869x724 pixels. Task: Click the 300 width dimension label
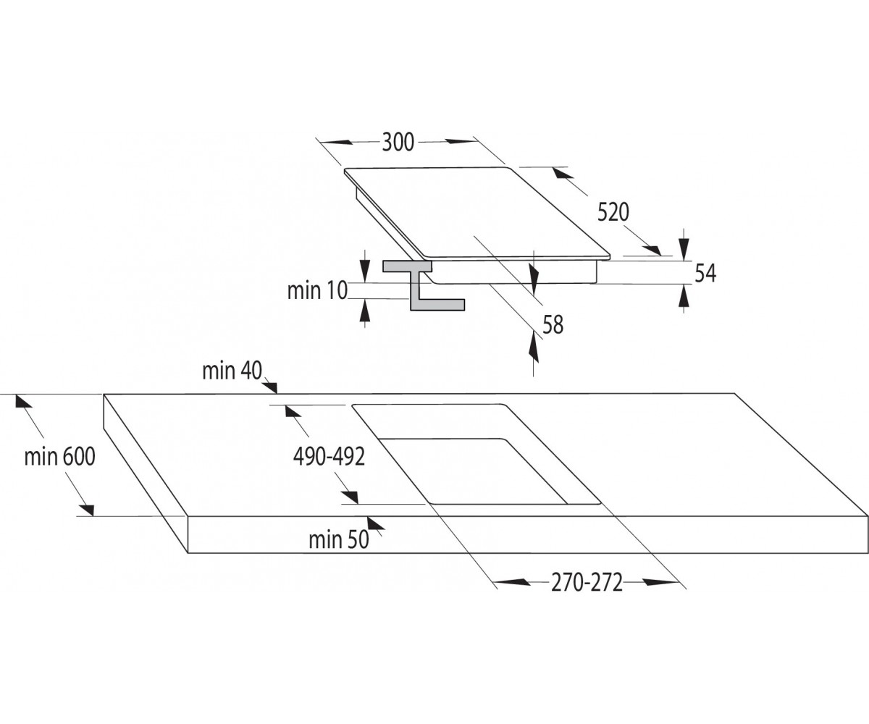(398, 142)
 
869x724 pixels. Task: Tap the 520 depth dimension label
(613, 212)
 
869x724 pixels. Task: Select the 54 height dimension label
(705, 274)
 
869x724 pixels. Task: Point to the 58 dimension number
(553, 324)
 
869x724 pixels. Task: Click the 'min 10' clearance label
(317, 290)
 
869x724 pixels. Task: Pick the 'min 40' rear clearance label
(232, 371)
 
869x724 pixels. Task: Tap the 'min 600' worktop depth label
(59, 456)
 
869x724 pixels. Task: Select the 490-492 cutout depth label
(329, 456)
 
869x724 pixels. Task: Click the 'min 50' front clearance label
(339, 540)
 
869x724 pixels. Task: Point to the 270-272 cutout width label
(587, 583)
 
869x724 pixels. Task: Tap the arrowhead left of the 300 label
(336, 142)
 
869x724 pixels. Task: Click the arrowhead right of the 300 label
(461, 142)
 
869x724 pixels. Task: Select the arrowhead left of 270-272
(511, 582)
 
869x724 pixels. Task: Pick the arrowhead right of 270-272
(661, 582)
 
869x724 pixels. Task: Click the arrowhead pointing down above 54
(684, 249)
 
